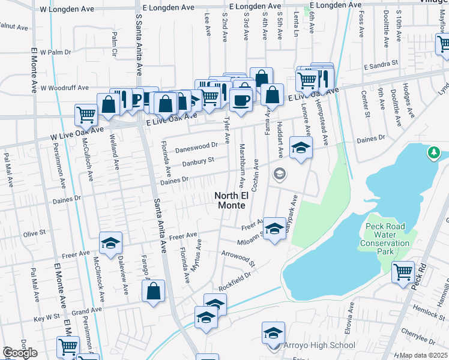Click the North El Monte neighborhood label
[x=230, y=200]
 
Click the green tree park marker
[x=433, y=154]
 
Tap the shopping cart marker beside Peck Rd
[x=403, y=272]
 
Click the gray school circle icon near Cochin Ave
[x=279, y=174]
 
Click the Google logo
[x=20, y=353]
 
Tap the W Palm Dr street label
[x=56, y=52]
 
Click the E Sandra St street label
[x=381, y=63]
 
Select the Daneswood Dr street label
[x=196, y=146]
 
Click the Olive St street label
[x=34, y=232]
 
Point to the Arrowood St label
[x=238, y=259]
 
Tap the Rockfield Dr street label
[x=234, y=282]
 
